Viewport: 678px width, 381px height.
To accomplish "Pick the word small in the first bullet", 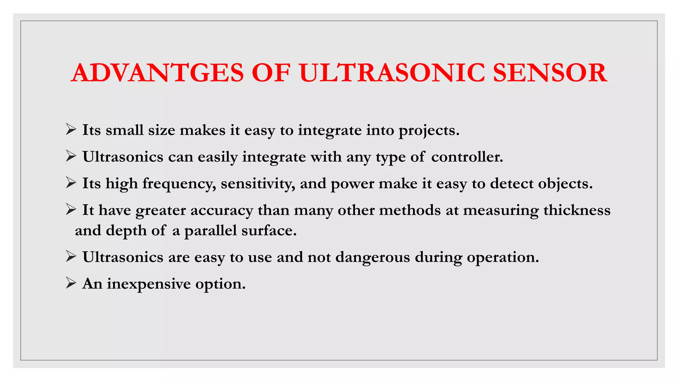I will click(124, 130).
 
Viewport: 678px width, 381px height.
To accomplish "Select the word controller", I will click(467, 157).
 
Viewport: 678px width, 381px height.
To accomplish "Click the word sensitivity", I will click(258, 184).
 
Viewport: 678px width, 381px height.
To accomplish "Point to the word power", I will click(352, 184).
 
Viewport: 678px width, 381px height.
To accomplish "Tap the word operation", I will click(503, 257).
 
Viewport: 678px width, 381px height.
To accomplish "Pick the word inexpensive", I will click(149, 284).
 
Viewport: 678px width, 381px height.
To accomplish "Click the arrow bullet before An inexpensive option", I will click(71, 283).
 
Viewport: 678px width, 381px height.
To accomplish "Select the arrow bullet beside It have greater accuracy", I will click(71, 209).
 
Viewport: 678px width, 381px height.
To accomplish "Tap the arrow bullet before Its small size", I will click(71, 129).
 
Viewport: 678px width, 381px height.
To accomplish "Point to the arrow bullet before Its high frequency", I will click(71, 183).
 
